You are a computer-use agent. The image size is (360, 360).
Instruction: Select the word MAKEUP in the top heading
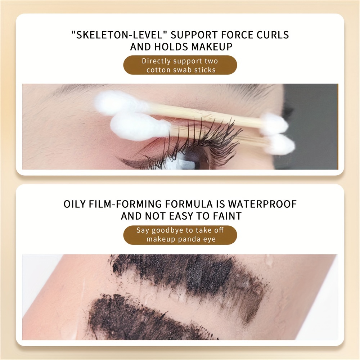(x=212, y=46)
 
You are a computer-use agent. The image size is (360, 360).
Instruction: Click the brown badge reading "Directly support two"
(x=180, y=65)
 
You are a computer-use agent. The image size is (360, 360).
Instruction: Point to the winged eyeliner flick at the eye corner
(x=129, y=159)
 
